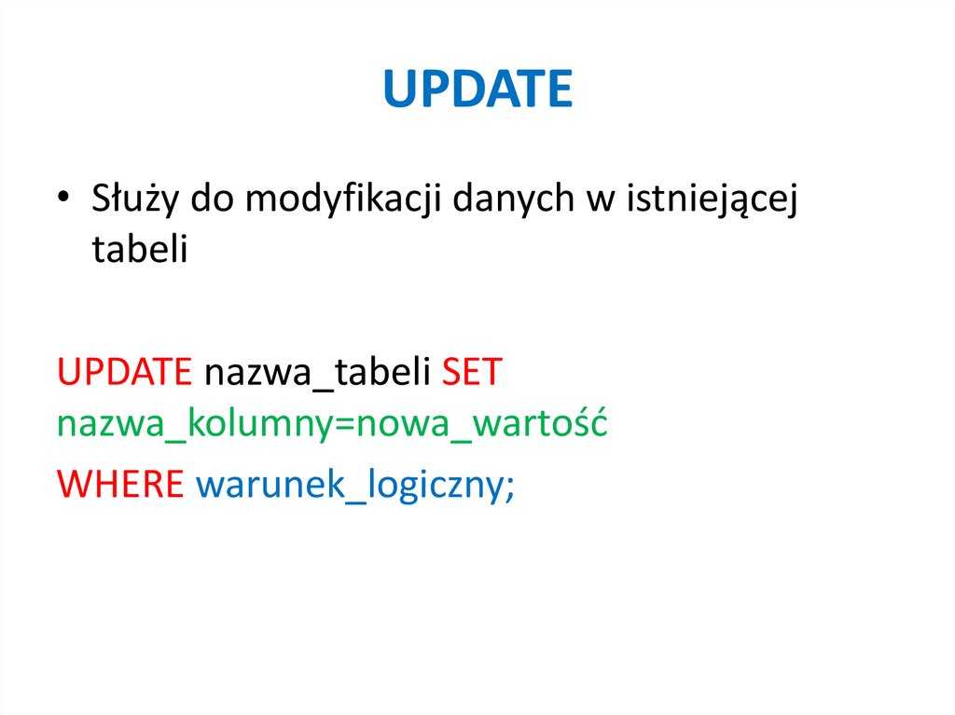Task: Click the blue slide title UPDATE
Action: tap(477, 89)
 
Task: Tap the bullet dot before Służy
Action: tap(63, 201)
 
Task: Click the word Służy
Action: tap(135, 201)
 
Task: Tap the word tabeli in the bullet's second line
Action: tap(140, 249)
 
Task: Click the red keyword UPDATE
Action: tap(124, 374)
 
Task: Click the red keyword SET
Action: tap(471, 374)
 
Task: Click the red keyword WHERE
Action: tap(120, 484)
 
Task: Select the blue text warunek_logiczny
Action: tap(350, 484)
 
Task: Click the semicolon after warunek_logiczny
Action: tap(509, 488)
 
